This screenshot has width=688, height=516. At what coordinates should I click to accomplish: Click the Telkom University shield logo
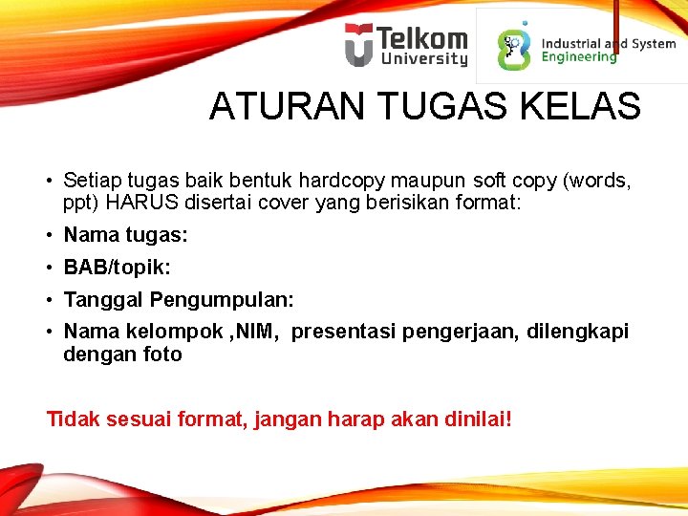pos(359,45)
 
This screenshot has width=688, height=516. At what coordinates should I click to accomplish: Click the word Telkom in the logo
pos(422,39)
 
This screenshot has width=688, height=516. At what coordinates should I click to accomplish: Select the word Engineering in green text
pos(579,57)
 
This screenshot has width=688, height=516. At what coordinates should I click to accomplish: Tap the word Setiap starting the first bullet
pos(91,180)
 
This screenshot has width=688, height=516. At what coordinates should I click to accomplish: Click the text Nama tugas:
pos(125,235)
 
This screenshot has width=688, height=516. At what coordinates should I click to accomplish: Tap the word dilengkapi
pos(580,332)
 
